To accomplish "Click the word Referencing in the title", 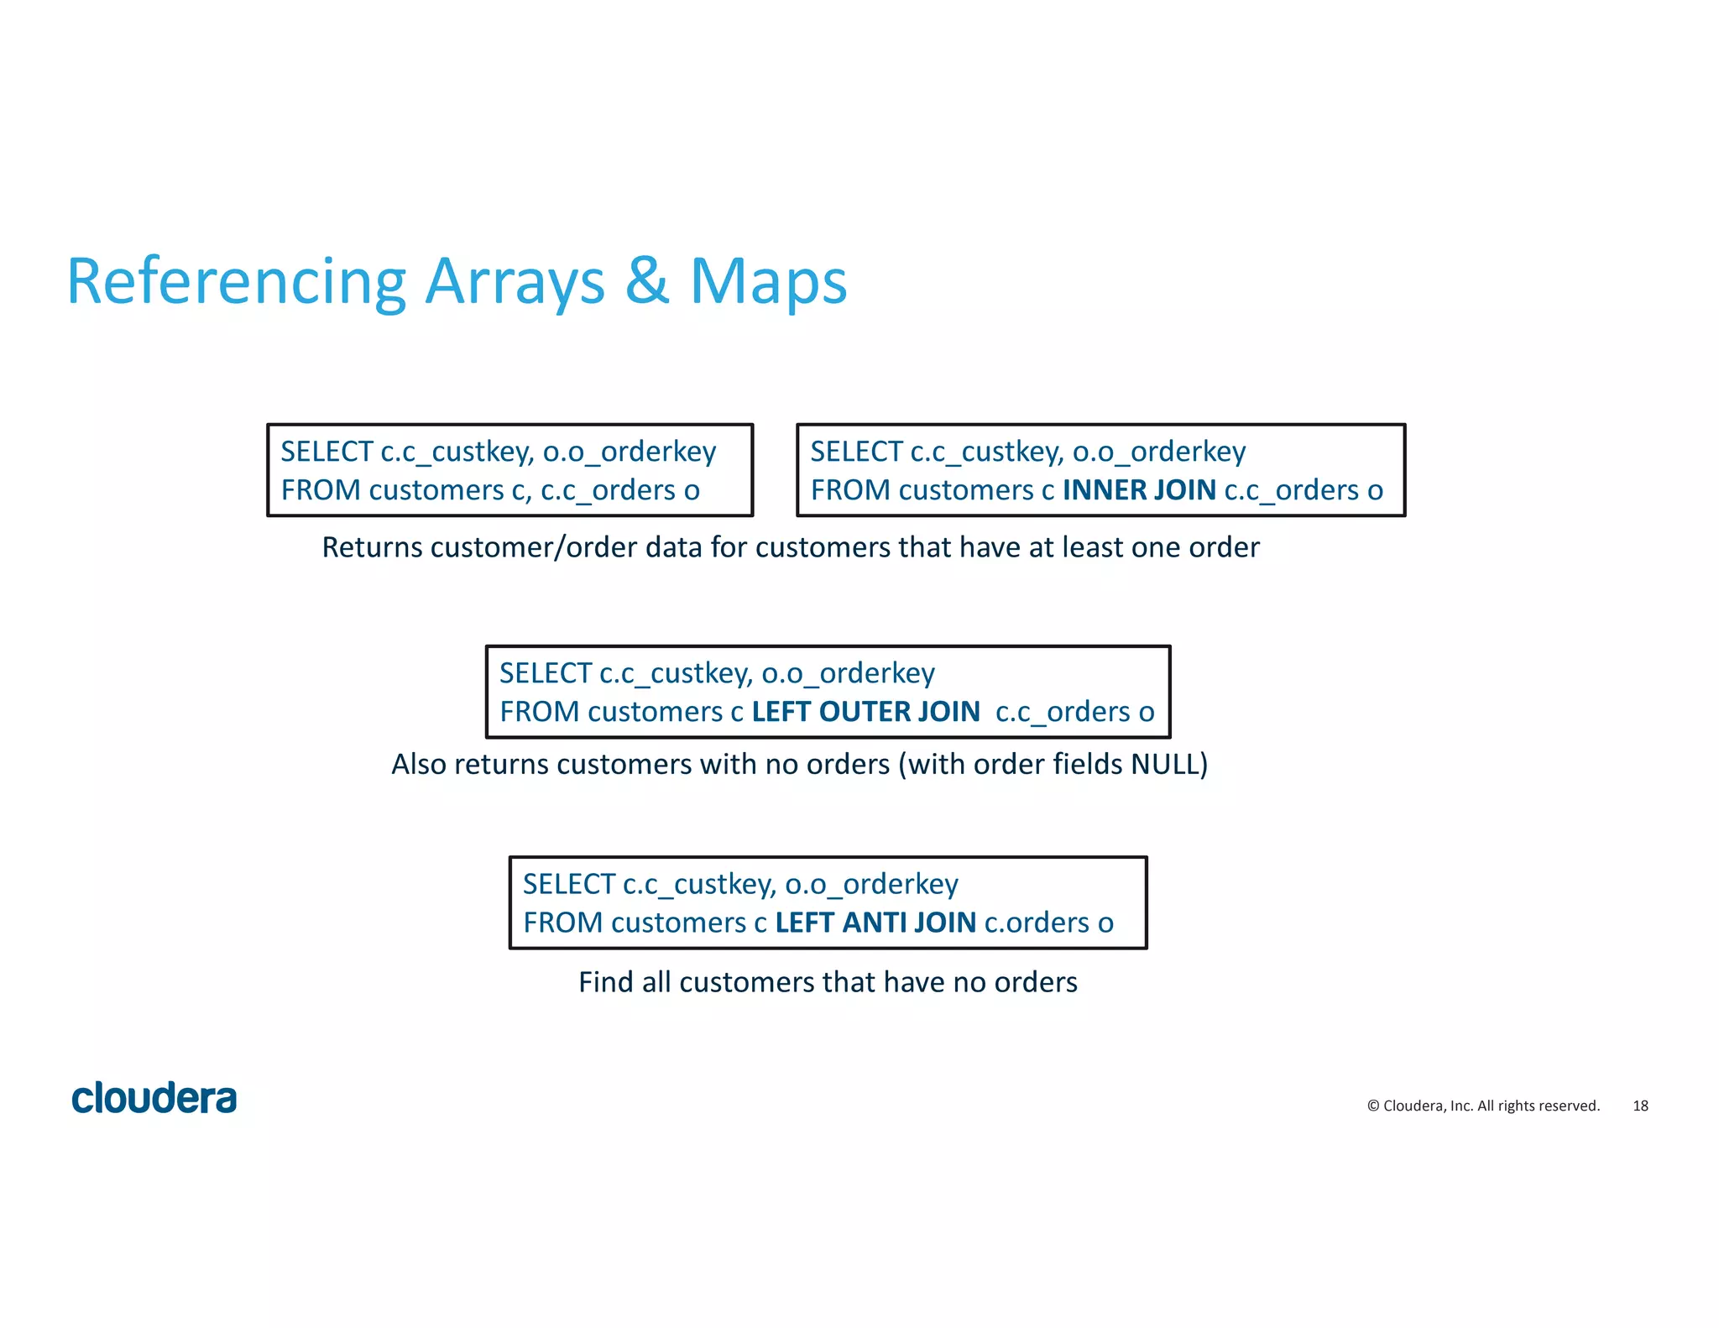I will coord(236,283).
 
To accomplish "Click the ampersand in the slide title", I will coord(647,280).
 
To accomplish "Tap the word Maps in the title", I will coord(767,283).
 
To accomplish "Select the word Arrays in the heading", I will coord(515,283).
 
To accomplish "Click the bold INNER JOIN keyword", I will coord(1138,490).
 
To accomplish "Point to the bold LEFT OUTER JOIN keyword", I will coord(865,712).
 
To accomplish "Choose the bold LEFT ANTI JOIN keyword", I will coord(875,923).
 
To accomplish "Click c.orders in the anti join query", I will coord(1036,923).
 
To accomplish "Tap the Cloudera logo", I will coord(154,1098).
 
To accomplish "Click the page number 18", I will coord(1640,1106).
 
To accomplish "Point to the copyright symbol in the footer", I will coord(1373,1106).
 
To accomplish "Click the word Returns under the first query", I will coord(372,547).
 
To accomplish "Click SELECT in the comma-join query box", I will coord(327,452).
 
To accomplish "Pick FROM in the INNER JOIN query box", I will coord(849,490).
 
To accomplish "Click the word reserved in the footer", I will coord(1569,1106).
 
